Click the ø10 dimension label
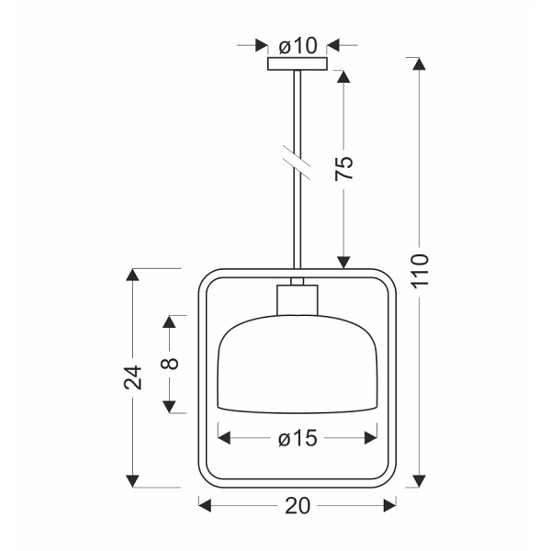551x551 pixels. pyautogui.click(x=298, y=45)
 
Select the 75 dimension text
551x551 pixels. pyautogui.click(x=343, y=168)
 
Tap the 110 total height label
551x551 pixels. pyautogui.click(x=421, y=271)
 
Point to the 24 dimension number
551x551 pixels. pyautogui.click(x=133, y=377)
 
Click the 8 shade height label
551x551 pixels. pyautogui.click(x=169, y=363)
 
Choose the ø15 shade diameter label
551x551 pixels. pyautogui.click(x=298, y=438)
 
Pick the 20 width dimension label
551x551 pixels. pyautogui.click(x=298, y=506)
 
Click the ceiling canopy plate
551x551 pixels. pyautogui.click(x=298, y=64)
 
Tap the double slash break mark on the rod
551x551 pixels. pyautogui.click(x=297, y=163)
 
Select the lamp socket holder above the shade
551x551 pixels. pyautogui.click(x=298, y=299)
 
